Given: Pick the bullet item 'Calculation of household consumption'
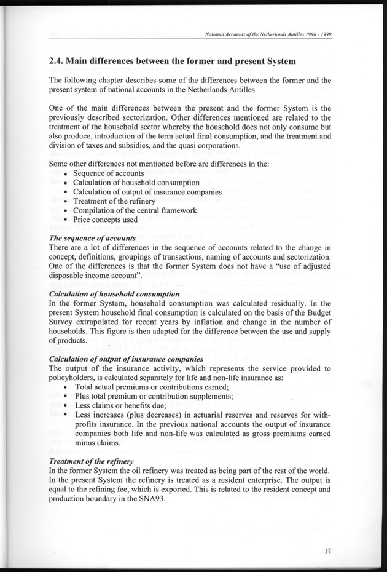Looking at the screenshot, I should (136, 183).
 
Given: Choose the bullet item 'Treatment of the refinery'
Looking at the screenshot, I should (112, 201).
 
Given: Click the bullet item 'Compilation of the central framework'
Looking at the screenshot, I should (135, 210).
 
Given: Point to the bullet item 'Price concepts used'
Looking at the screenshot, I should (105, 219).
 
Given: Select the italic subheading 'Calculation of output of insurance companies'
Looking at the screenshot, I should (126, 359).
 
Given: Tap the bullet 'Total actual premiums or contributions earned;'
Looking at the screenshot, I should (151, 387).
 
